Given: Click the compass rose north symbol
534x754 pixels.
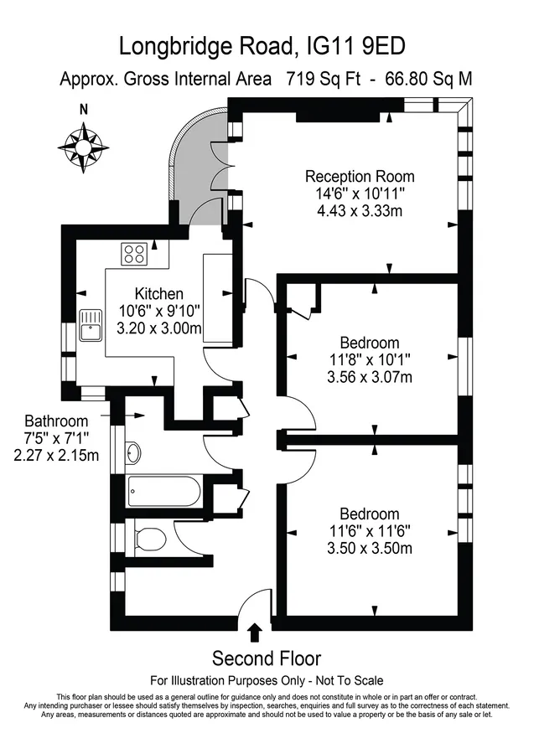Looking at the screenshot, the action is point(84,147).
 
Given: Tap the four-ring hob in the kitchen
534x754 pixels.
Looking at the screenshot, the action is point(134,254).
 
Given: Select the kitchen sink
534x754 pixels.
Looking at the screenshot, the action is point(91,325).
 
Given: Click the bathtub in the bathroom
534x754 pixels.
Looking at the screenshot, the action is point(164,492).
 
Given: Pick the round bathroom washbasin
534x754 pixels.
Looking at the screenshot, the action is point(133,452).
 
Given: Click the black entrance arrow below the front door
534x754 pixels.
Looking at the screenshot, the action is point(255,633).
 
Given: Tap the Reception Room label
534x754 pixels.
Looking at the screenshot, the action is point(360,177).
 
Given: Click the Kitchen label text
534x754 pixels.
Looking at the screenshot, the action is point(158,293).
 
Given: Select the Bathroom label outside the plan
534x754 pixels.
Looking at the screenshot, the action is point(56,421).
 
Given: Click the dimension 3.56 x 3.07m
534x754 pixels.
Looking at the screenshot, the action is point(370,377).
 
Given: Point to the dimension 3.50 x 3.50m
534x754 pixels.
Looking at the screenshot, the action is point(370,548).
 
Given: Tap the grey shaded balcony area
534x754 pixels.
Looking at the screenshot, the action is point(201,168).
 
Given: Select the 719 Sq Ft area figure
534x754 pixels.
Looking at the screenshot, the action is point(323,79).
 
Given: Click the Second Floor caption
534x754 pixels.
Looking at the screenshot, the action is point(267,658).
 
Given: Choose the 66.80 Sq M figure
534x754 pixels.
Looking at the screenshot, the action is point(428,79).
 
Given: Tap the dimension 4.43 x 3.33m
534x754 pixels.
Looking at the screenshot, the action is point(360,210).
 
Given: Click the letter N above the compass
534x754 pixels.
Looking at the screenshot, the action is point(84,110).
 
